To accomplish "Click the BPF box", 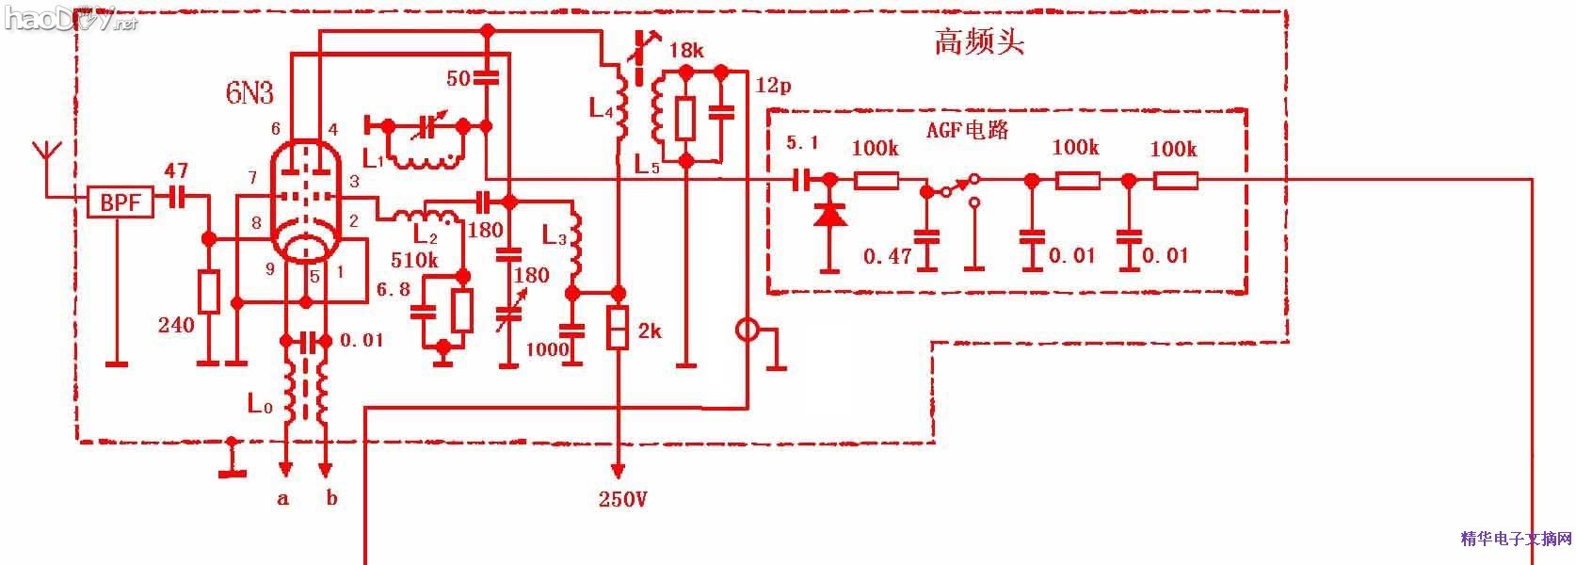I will [x=120, y=202].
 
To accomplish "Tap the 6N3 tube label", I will [x=249, y=93].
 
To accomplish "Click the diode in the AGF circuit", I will [x=829, y=215].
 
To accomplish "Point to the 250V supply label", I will [x=622, y=500].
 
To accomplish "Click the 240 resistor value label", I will [x=176, y=326].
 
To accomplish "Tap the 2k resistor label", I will [x=650, y=331].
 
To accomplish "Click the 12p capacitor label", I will [x=773, y=86].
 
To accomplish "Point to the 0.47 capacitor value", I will [x=889, y=255].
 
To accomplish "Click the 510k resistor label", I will [x=414, y=261].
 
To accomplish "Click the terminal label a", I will [x=282, y=499].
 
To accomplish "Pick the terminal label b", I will [x=331, y=498].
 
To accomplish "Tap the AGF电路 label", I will [x=967, y=131].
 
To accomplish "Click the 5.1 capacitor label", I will [x=802, y=143].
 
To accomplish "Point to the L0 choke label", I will [x=260, y=404].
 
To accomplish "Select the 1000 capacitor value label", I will [x=547, y=350].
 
